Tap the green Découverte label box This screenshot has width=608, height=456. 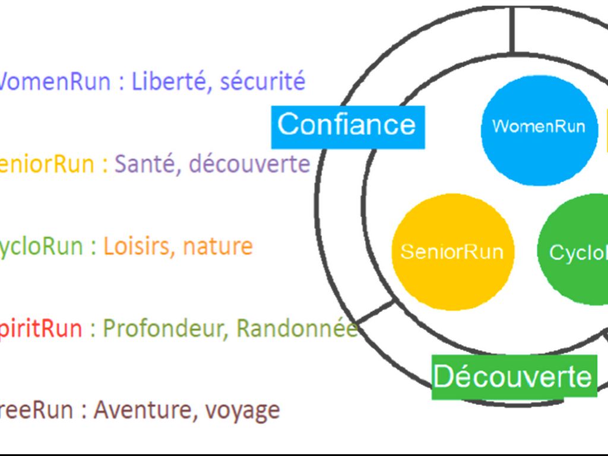[x=514, y=376]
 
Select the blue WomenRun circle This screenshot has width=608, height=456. [x=538, y=127]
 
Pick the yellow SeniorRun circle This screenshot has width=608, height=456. [x=452, y=252]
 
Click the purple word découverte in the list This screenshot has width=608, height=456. [x=249, y=163]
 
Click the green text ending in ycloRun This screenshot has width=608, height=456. [x=40, y=246]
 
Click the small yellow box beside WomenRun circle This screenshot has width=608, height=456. [x=606, y=127]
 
